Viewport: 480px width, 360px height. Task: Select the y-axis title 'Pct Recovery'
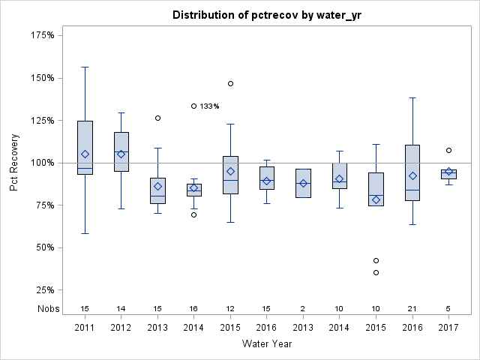(x=15, y=163)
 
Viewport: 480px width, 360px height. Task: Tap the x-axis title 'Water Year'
(x=266, y=343)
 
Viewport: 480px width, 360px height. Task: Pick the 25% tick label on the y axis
(x=44, y=290)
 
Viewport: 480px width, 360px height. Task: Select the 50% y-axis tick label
(x=44, y=247)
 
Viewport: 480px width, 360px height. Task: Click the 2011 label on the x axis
(x=85, y=328)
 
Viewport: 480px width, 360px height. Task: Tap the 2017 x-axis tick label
(x=448, y=328)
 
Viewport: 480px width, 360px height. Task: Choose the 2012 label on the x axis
(x=121, y=328)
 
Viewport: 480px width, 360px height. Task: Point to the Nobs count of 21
(x=412, y=308)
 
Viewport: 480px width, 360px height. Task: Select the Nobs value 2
(x=303, y=308)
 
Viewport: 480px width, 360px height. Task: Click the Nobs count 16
(x=194, y=308)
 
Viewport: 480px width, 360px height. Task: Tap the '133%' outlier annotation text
(x=209, y=106)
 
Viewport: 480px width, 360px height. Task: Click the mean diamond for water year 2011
(x=85, y=154)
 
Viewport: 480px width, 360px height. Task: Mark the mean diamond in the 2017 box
(x=448, y=172)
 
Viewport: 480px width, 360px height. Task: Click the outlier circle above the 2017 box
(x=448, y=150)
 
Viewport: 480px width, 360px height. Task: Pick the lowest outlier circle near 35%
(x=376, y=272)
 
